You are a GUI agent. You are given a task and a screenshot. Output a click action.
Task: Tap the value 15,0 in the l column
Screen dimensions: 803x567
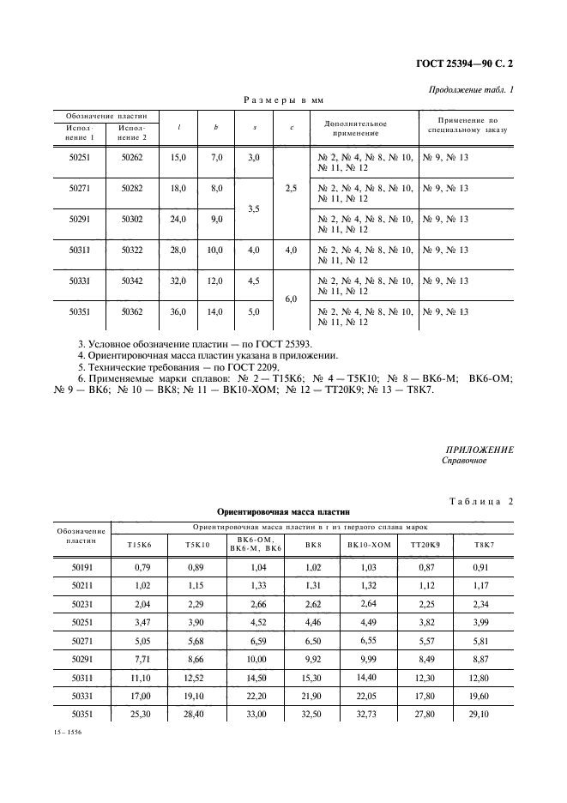[x=178, y=158]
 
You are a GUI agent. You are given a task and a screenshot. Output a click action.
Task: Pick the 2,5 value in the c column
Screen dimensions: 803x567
[x=292, y=188]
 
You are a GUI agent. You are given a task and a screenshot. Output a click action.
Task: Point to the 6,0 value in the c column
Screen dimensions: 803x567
[x=292, y=299]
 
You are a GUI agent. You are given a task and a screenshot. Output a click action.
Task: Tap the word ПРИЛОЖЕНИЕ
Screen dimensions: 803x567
[x=480, y=450]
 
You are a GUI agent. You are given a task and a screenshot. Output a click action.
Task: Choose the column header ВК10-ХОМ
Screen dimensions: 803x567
[x=369, y=544]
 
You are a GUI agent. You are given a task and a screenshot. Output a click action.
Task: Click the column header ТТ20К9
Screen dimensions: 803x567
[x=425, y=544]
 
